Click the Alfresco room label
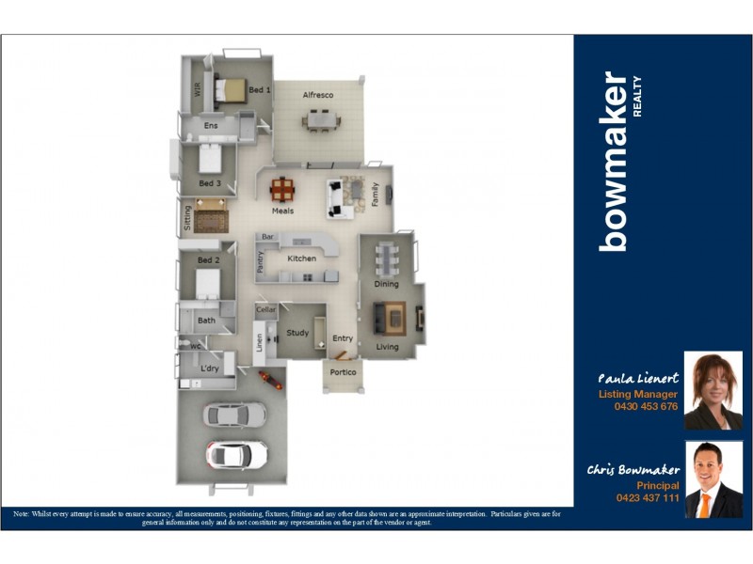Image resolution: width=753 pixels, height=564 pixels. pyautogui.click(x=317, y=96)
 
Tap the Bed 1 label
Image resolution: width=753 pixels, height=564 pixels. pyautogui.click(x=260, y=90)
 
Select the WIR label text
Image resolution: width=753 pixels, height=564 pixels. pyautogui.click(x=198, y=89)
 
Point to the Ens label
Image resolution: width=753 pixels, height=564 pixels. pyautogui.click(x=211, y=125)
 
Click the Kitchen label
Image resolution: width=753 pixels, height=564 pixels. pyautogui.click(x=301, y=258)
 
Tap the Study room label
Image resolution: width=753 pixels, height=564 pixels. pyautogui.click(x=297, y=333)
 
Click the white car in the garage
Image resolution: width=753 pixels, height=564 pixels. pyautogui.click(x=236, y=455)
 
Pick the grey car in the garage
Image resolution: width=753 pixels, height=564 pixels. pyautogui.click(x=234, y=414)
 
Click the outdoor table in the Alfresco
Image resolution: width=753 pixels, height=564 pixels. pyautogui.click(x=321, y=120)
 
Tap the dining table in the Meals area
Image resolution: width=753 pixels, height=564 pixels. pyautogui.click(x=282, y=190)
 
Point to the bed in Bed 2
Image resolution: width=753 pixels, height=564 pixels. pyautogui.click(x=207, y=283)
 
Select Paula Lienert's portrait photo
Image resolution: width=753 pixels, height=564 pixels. pyautogui.click(x=713, y=391)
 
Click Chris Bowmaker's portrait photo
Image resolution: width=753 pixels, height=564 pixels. pyautogui.click(x=713, y=479)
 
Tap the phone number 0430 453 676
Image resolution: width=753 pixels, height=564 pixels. pyautogui.click(x=645, y=407)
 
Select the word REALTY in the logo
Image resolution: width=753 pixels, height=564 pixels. pyautogui.click(x=637, y=96)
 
